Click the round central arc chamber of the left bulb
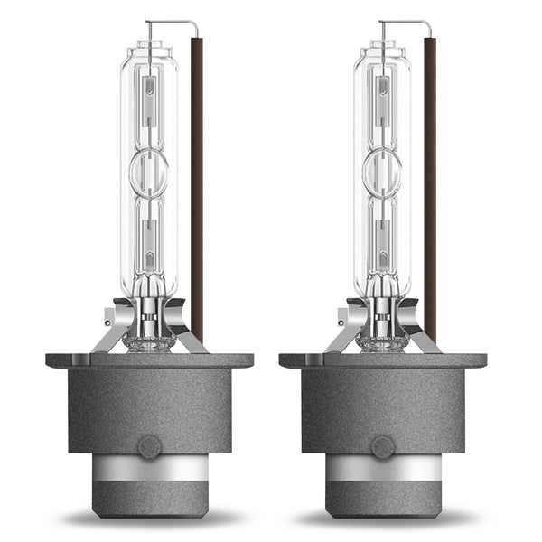pos(148,173)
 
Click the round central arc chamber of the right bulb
pos(382,173)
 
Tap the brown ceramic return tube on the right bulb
pos(431,181)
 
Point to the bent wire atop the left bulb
pos(172,23)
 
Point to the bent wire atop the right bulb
pos(405,23)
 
